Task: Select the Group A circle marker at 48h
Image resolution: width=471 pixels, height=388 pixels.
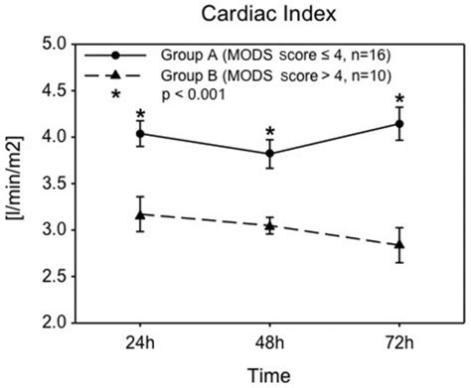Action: (269, 153)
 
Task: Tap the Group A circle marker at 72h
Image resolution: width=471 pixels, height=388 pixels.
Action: (399, 123)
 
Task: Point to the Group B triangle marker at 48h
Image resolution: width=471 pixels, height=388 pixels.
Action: (269, 225)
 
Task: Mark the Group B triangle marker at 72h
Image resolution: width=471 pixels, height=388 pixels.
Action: (399, 244)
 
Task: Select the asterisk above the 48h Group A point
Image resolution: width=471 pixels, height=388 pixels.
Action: (269, 131)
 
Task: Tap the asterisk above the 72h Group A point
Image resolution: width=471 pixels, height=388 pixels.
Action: (399, 100)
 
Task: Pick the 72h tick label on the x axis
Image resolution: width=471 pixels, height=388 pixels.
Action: (399, 342)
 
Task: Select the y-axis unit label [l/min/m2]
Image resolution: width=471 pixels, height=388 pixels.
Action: (18, 185)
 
